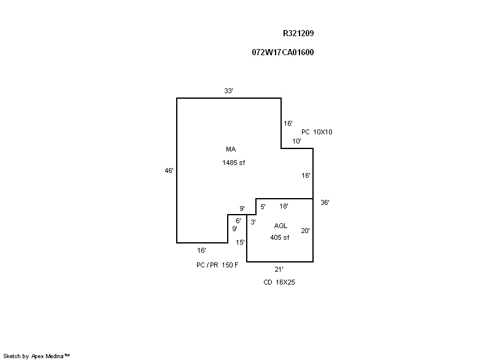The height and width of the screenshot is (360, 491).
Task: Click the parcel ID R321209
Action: [298, 34]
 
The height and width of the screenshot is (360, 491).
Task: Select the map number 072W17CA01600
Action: [283, 52]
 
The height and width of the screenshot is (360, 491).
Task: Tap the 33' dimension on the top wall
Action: [228, 91]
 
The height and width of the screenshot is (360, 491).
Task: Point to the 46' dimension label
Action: [169, 171]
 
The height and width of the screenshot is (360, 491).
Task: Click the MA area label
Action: [231, 149]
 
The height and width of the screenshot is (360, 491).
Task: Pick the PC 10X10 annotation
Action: [317, 132]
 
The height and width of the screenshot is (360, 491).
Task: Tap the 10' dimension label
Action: [296, 142]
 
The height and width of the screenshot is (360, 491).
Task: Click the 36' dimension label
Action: [325, 202]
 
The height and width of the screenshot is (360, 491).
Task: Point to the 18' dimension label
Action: [284, 207]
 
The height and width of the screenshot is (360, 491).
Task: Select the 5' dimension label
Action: [263, 207]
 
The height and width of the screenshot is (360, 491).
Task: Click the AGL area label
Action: [280, 226]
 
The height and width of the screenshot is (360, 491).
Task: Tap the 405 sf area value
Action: [279, 237]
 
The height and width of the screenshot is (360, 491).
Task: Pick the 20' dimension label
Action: [305, 231]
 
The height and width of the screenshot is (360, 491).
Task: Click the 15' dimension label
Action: [241, 242]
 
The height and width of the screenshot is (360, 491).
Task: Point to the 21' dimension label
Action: [279, 269]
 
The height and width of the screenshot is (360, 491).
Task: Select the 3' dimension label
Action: [253, 222]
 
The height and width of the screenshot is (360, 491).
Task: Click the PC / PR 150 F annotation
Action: [217, 264]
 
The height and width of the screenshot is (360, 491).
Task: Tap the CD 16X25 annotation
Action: [279, 282]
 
